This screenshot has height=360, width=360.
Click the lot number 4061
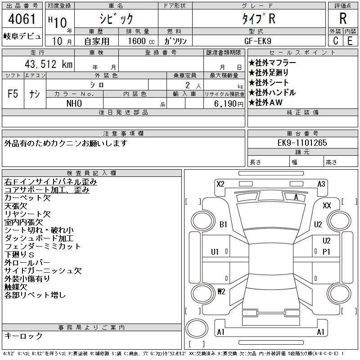pyautogui.click(x=22, y=19)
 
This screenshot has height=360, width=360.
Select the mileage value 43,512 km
pyautogui.click(x=49, y=64)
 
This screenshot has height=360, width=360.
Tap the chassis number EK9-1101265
pyautogui.click(x=302, y=143)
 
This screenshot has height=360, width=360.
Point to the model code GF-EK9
pyautogui.click(x=257, y=41)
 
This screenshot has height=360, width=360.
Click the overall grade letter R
pyautogui.click(x=343, y=18)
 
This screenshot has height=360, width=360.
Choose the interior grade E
pyautogui.click(x=350, y=41)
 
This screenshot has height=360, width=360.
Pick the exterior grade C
pyautogui.click(x=335, y=41)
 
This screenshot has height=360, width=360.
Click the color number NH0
pyautogui.click(x=74, y=103)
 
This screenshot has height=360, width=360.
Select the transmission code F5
pyautogui.click(x=13, y=94)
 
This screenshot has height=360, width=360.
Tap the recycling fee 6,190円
pyautogui.click(x=229, y=104)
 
